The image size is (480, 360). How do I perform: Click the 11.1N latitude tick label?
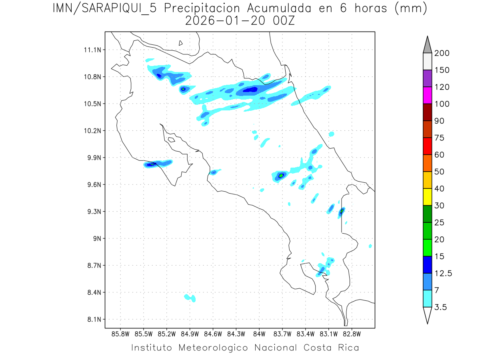92,50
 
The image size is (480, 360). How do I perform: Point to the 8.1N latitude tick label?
92,319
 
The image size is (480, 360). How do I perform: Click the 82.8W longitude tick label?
352,334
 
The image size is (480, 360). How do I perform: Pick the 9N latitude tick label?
95,238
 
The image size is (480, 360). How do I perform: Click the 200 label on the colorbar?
442,53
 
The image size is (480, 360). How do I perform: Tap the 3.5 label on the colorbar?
440,307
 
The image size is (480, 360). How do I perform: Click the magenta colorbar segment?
427,95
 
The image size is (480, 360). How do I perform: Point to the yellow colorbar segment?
427,197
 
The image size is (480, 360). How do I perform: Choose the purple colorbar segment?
427,78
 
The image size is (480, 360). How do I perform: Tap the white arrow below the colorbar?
427,315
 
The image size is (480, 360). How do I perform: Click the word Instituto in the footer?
152,348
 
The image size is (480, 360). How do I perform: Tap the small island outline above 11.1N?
181,43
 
